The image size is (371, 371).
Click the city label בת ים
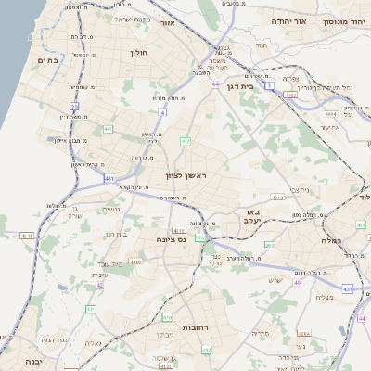[x=47, y=60]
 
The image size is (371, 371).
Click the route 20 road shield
[x=74, y=107]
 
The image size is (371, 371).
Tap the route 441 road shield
[x=108, y=129]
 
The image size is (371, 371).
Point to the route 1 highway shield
[x=269, y=85]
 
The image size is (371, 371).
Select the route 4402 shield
[x=290, y=94]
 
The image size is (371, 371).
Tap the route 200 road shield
[x=269, y=245]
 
